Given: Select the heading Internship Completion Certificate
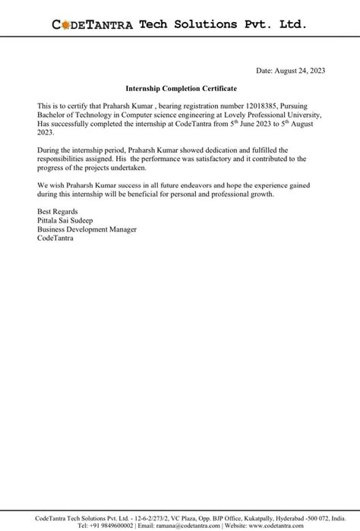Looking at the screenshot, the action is click(180, 89).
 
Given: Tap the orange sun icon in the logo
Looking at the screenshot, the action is click(65, 25).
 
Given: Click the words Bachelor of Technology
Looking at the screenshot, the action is click(71, 114).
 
